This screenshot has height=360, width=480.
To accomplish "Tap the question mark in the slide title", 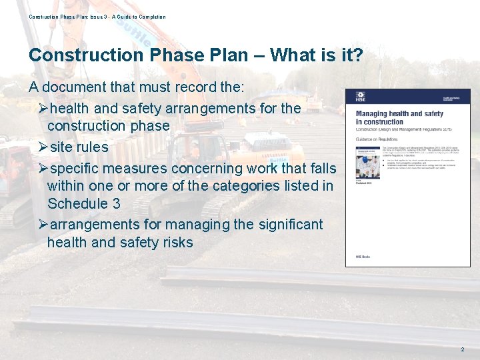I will click(x=357, y=55).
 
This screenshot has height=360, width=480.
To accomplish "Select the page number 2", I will click(x=462, y=349).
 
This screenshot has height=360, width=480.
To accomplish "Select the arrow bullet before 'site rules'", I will click(x=43, y=147).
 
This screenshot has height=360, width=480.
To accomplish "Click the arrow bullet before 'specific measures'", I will click(x=43, y=169).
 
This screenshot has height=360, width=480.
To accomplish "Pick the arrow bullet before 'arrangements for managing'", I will click(x=43, y=225).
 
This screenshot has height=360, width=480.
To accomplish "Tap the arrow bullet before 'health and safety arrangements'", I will click(x=43, y=108).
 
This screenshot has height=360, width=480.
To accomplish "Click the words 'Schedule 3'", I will click(x=84, y=203).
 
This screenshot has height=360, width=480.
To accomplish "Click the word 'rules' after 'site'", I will click(x=91, y=147).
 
